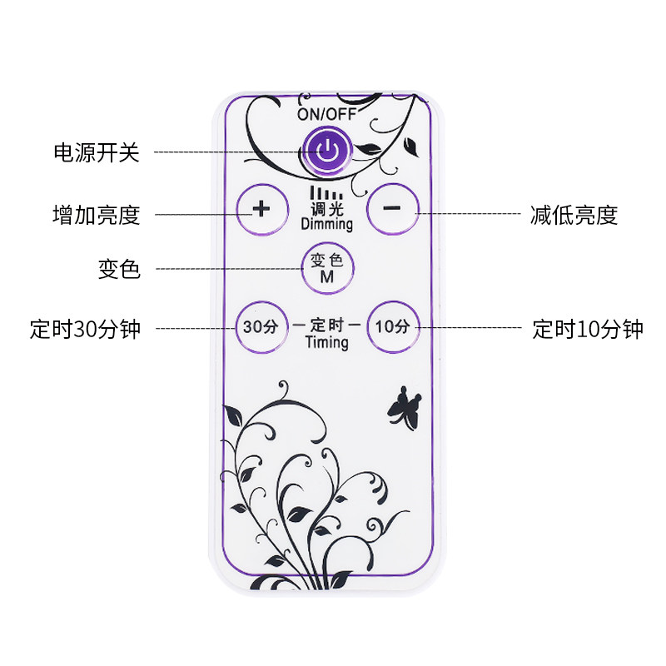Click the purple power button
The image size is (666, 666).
[328, 151]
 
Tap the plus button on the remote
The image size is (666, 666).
[261, 208]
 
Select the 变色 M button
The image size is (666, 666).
[327, 267]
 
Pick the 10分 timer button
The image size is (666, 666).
[392, 326]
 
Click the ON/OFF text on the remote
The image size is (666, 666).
[327, 114]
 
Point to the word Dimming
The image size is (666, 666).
[326, 224]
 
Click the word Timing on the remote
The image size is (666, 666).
[327, 342]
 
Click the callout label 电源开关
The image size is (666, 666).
[96, 152]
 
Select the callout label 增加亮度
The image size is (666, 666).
[96, 215]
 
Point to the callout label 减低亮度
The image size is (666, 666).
[574, 215]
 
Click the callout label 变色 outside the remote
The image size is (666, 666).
[118, 270]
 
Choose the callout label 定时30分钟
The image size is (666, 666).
[85, 329]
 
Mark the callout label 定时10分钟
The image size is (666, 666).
[588, 329]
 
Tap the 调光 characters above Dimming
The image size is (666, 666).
[327, 210]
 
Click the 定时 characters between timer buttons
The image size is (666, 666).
[327, 326]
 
